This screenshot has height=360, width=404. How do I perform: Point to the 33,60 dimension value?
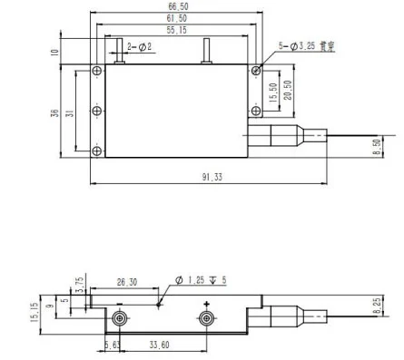pos(158,345)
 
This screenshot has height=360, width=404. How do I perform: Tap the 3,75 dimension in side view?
pos(78,284)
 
